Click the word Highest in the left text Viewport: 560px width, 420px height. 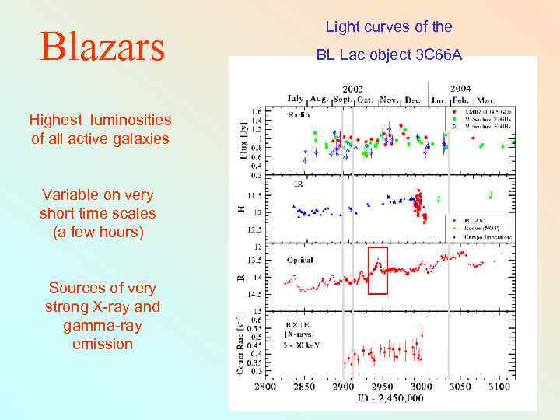(56, 120)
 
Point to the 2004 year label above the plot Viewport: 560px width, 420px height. (459, 87)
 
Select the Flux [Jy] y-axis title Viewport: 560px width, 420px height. (244, 141)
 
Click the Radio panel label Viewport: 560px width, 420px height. (298, 114)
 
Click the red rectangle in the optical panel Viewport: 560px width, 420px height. (377, 268)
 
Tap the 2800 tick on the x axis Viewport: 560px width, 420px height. (265, 386)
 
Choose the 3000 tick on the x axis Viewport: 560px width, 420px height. (421, 386)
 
